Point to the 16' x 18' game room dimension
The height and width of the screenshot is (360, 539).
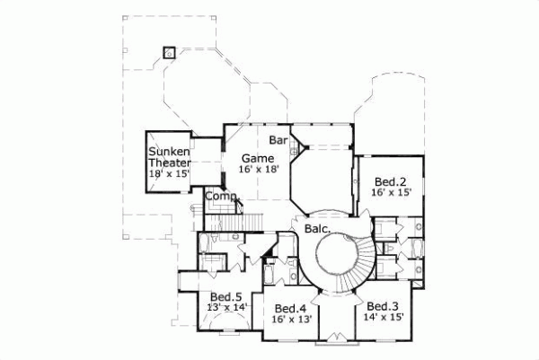(260, 169)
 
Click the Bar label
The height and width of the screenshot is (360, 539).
(278, 141)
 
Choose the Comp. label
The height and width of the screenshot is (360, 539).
(220, 197)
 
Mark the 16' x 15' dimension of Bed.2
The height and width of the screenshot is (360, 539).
(393, 192)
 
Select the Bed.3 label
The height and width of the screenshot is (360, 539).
(384, 305)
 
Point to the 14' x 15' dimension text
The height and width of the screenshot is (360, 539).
(385, 316)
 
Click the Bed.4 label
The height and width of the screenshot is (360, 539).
(289, 305)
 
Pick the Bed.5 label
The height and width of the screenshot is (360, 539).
(226, 296)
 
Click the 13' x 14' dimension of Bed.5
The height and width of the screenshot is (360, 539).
(226, 307)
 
